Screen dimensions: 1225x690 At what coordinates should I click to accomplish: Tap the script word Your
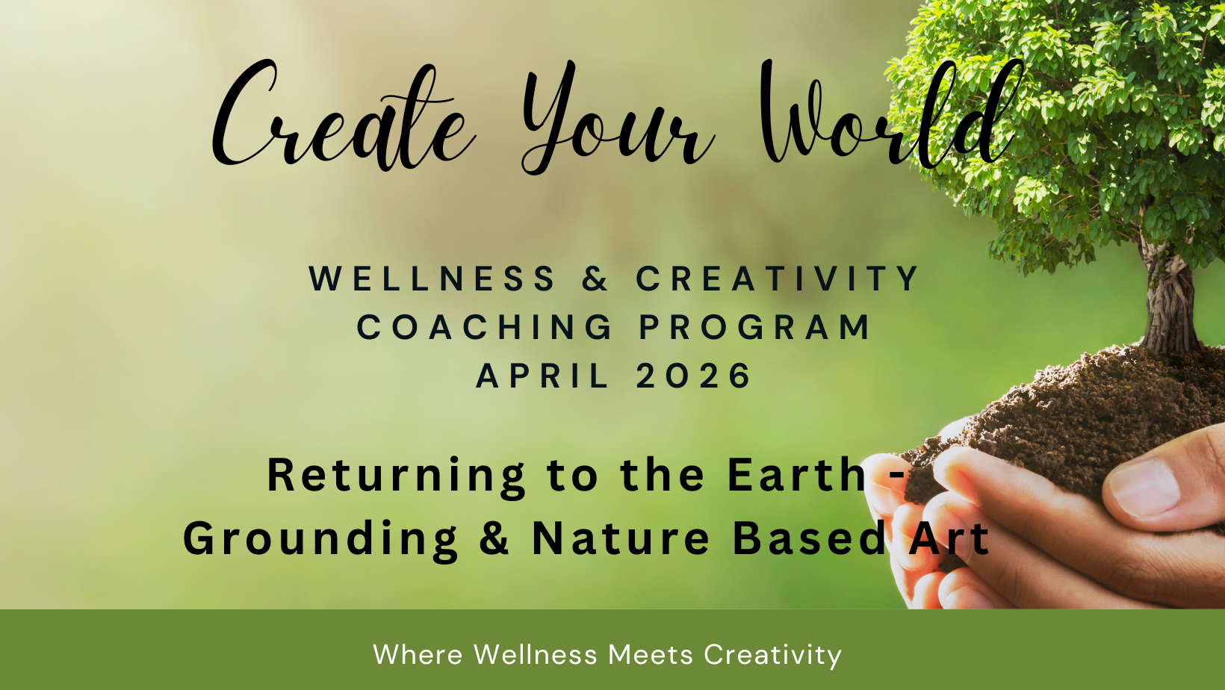pos(618,117)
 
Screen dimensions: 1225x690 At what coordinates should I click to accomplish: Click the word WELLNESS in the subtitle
pos(432,278)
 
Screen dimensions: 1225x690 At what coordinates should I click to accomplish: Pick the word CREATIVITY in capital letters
pos(777,278)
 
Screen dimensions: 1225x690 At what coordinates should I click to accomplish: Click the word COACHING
pos(485,327)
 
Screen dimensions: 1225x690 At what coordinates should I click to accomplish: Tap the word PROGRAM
pos(754,327)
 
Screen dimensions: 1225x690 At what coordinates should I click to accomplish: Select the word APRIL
pos(542,376)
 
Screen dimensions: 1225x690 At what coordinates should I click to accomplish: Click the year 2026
pos(693,376)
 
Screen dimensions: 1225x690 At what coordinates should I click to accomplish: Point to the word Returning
pos(396,476)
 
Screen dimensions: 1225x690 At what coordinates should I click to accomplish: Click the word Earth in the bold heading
pos(796,475)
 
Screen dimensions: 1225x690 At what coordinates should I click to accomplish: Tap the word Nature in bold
pos(621,538)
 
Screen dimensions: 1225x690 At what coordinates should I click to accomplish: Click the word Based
pos(809,538)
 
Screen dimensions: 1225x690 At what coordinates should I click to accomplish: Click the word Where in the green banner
pos(418,654)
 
